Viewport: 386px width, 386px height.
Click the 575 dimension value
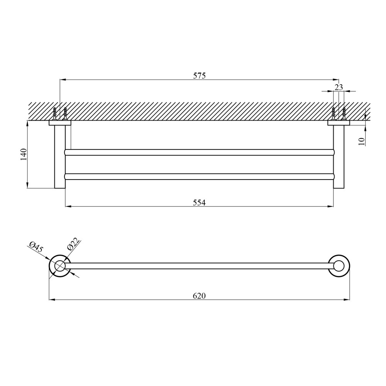(199, 76)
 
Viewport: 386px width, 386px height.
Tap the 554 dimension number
(199, 202)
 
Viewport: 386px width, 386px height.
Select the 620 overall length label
(199, 296)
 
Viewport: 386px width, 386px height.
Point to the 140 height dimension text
(24, 154)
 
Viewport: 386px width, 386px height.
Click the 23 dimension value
(339, 87)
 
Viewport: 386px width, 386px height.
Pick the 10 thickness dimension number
(361, 142)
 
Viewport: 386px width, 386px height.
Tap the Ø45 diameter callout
(36, 247)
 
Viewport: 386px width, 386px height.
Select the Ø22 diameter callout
(73, 244)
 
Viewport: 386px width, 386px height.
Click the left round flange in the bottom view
(49, 266)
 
